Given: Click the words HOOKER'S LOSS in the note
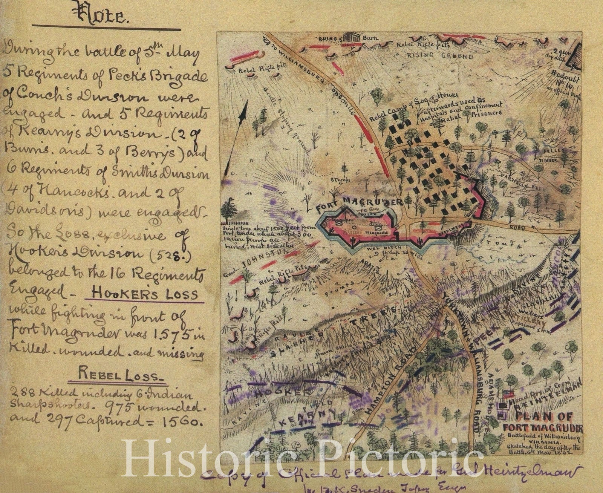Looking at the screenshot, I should click(145, 294).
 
